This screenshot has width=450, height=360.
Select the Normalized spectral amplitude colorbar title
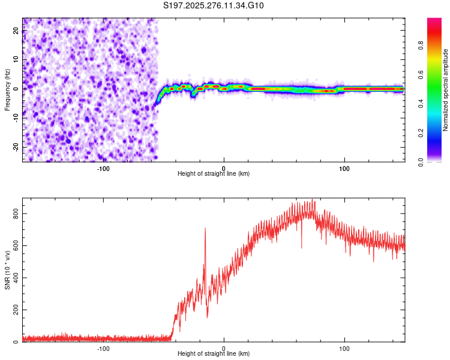click(445, 90)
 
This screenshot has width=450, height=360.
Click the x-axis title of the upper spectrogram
click(214, 173)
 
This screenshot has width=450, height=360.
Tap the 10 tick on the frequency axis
click(16, 60)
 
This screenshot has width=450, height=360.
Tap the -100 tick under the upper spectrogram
click(103, 168)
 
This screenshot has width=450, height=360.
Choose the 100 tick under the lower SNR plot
click(345, 348)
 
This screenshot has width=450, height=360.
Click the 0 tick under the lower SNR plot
click(224, 348)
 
